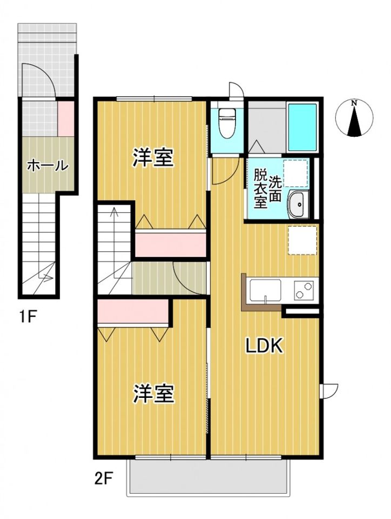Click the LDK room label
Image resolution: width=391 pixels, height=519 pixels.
265,347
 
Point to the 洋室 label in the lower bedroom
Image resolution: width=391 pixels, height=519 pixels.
154,394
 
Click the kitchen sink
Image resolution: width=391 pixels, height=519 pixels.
265,290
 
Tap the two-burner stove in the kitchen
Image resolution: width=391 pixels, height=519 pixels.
304,290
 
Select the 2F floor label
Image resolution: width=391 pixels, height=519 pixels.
103,478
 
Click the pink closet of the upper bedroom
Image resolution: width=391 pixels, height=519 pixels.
171,243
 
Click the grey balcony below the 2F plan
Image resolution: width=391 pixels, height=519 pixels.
208,478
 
